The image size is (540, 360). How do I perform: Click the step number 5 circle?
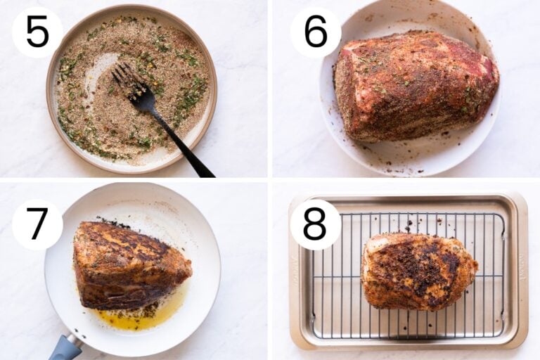(37, 32)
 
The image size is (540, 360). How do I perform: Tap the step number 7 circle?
(37, 224)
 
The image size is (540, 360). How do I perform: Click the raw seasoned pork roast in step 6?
(415, 84)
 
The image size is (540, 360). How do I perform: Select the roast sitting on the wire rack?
(418, 271)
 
